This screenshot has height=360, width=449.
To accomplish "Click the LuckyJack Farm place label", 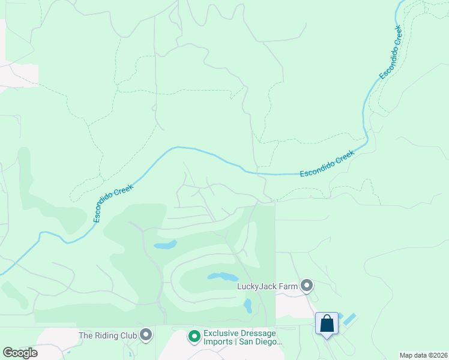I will pyautogui.click(x=267, y=286).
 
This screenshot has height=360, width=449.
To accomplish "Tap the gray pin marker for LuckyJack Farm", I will pyautogui.click(x=307, y=286).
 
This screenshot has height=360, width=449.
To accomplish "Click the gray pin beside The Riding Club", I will pyautogui.click(x=145, y=335).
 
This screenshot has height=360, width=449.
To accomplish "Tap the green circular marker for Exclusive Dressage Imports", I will pyautogui.click(x=194, y=337).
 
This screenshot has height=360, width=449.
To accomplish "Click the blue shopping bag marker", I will pyautogui.click(x=327, y=324).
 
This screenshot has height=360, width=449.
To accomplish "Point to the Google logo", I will pyautogui.click(x=20, y=353).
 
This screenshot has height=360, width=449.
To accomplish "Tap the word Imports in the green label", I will pyautogui.click(x=218, y=342).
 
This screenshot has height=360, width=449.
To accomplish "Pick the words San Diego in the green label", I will pyautogui.click(x=261, y=342).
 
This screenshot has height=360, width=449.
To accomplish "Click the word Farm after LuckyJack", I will pyautogui.click(x=288, y=286).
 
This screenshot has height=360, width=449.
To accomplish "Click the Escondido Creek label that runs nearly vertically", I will pyautogui.click(x=390, y=52).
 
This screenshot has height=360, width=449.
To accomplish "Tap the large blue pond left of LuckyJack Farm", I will pyautogui.click(x=221, y=277).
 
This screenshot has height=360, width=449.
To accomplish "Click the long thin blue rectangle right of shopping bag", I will pyautogui.click(x=350, y=319).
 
